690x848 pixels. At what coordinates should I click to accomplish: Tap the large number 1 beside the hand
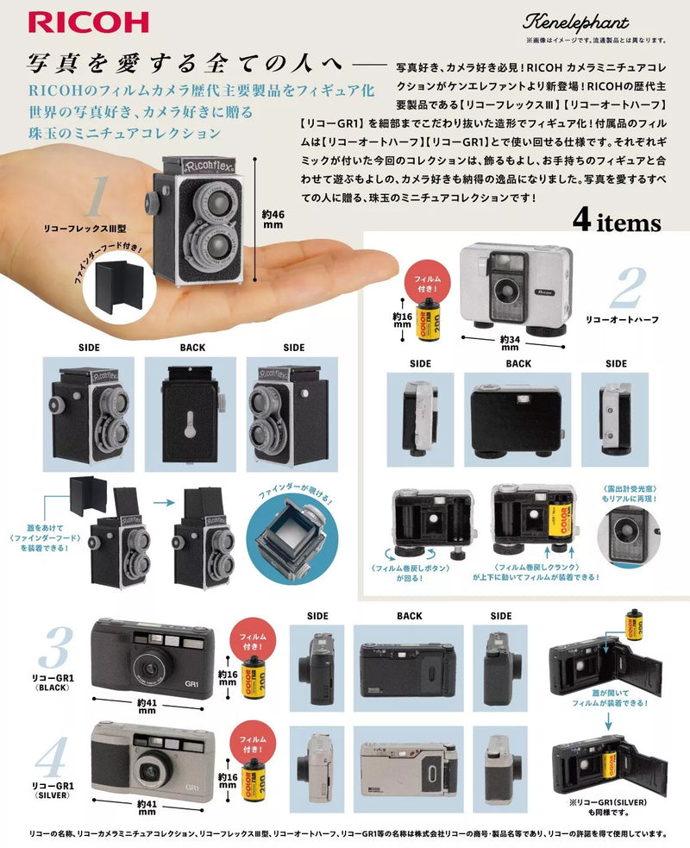click(x=97, y=198)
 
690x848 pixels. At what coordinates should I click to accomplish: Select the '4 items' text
click(x=616, y=223)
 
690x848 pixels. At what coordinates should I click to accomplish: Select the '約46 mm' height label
click(x=273, y=219)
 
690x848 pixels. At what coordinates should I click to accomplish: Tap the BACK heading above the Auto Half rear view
click(x=517, y=363)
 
